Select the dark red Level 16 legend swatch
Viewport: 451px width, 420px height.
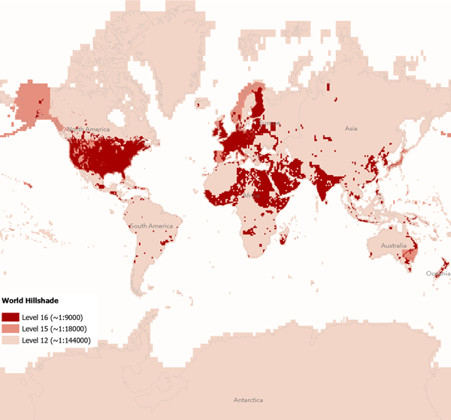(x=11, y=317)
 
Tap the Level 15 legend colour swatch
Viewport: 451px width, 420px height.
(x=11, y=328)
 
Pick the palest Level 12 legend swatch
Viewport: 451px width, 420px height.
(x=11, y=340)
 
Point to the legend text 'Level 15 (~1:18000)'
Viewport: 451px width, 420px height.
(x=57, y=328)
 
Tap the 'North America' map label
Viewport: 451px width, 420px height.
(x=88, y=130)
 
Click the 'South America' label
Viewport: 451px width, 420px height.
(x=150, y=226)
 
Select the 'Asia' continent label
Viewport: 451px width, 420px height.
(x=351, y=129)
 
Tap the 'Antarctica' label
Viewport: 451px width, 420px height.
(x=249, y=399)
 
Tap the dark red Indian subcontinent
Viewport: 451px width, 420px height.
(x=324, y=184)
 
